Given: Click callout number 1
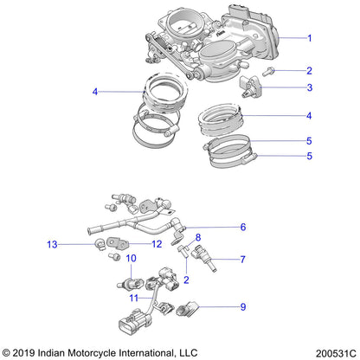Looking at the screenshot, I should [x=309, y=38].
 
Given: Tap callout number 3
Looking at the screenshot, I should [x=309, y=88].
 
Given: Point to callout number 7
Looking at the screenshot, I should [x=243, y=259].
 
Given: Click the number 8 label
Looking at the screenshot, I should [x=197, y=235].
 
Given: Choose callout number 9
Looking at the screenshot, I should [x=243, y=305].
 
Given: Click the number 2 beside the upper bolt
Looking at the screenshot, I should [x=309, y=69].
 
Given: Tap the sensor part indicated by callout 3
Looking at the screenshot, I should [x=251, y=87].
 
